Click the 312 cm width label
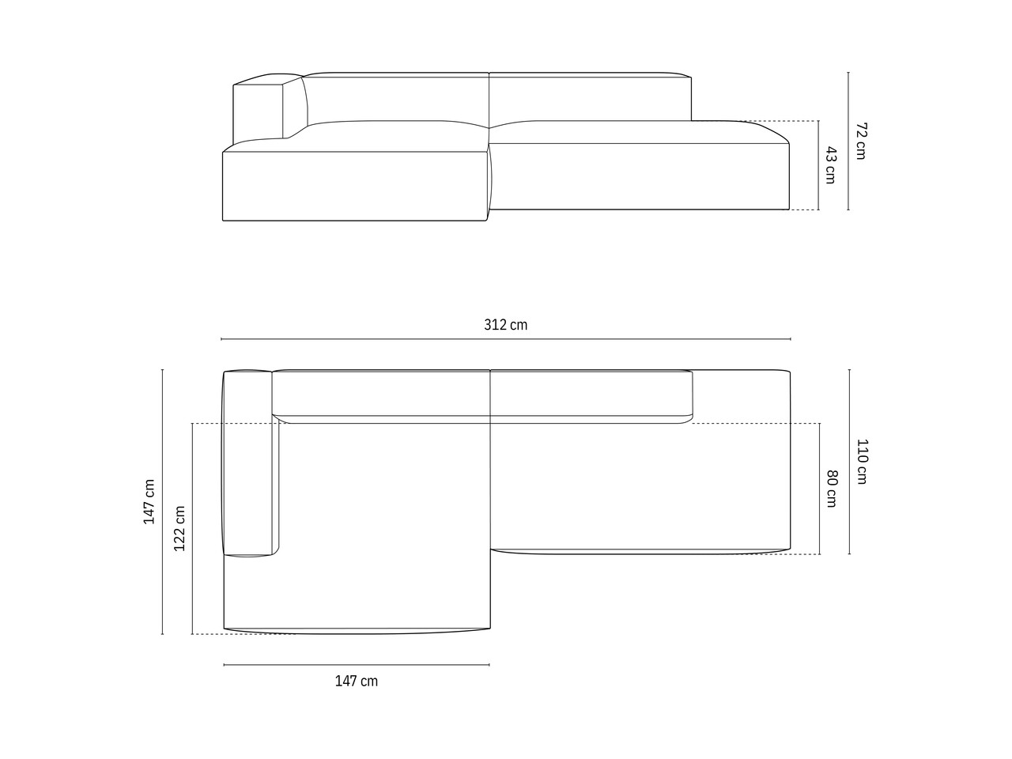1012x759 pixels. tap(505, 325)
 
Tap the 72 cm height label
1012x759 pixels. tap(861, 141)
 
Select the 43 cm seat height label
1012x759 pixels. tap(830, 165)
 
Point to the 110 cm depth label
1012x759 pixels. tap(862, 461)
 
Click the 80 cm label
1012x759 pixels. tap(831, 489)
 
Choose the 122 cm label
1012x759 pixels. tap(179, 528)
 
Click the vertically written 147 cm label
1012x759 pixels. tap(149, 501)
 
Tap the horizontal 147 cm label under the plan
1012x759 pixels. tap(356, 681)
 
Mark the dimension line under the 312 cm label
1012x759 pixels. tap(506, 339)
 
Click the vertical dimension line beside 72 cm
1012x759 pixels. tap(848, 141)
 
